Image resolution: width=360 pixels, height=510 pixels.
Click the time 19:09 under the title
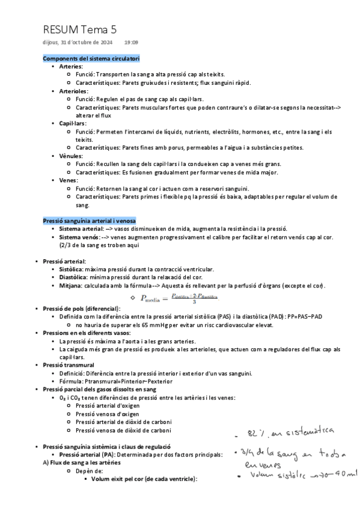131,43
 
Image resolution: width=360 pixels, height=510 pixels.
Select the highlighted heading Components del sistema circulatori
91,58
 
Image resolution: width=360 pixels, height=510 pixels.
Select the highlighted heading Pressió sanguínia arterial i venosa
89,221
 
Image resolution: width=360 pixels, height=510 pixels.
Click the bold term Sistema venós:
79,237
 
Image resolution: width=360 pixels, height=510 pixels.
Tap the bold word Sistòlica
72,269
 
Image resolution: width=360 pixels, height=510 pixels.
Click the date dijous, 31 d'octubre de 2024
78,43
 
